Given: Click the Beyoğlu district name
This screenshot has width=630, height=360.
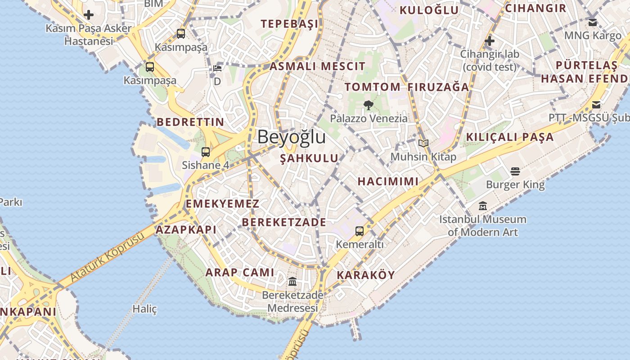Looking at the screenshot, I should [x=291, y=137].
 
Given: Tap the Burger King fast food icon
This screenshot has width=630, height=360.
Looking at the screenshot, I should [x=515, y=171].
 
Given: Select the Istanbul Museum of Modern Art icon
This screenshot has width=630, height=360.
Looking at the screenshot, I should [x=483, y=206].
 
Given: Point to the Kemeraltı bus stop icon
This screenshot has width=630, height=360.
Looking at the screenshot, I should [x=359, y=231].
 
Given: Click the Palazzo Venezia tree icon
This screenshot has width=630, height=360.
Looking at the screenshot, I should [x=369, y=105].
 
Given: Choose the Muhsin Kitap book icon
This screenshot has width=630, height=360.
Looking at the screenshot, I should [x=423, y=143].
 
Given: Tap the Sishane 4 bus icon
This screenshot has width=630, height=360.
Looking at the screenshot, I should [x=206, y=152].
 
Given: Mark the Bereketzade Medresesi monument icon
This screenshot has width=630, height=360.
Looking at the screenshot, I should [x=292, y=282].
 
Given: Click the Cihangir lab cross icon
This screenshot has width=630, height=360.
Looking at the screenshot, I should [x=490, y=41].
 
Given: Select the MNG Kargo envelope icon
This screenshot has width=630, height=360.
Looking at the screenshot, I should [x=593, y=22].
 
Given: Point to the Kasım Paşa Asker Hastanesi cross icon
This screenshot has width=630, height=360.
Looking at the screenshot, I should [x=89, y=15].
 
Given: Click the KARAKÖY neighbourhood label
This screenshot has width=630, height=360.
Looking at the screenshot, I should [x=366, y=275].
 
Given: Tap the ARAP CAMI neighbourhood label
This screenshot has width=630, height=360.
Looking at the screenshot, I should [x=240, y=272].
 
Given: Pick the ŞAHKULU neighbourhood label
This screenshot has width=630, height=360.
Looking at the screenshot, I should [x=309, y=158].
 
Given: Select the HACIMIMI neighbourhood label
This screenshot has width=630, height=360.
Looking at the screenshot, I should [x=388, y=182].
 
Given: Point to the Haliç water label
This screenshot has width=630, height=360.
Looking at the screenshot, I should [x=144, y=309].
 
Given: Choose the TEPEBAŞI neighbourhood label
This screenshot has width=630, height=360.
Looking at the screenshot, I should [x=290, y=24].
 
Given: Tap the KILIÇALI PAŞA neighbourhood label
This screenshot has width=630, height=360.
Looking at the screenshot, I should [x=510, y=137].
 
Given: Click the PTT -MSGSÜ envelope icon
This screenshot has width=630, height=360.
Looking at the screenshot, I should [x=596, y=105].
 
